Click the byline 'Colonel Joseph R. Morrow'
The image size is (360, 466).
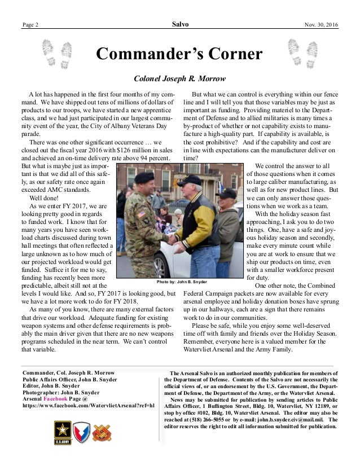(180, 79)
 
